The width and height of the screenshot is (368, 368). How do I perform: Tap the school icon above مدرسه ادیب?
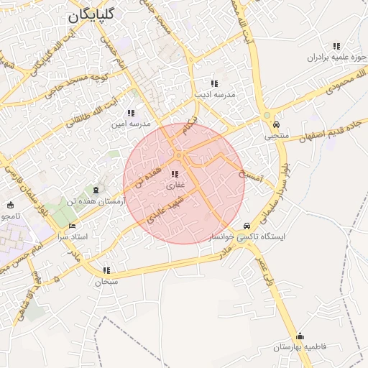[x=214, y=83]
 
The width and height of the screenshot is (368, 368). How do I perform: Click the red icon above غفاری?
[x=175, y=175]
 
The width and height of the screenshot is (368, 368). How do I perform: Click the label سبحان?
[x=106, y=282]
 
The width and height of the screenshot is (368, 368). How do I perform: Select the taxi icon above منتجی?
[x=276, y=124]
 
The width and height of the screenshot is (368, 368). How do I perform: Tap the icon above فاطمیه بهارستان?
[x=300, y=336]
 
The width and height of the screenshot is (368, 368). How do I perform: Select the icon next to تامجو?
[x=9, y=206]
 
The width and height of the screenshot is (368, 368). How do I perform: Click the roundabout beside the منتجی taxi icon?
[x=267, y=115]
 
